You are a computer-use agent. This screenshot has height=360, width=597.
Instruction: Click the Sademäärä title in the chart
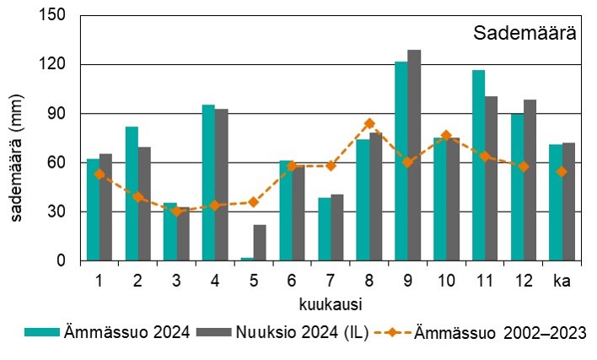(x=524, y=34)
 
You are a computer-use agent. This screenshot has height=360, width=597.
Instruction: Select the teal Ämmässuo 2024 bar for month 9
(x=401, y=161)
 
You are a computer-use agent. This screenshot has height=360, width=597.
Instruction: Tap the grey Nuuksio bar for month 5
(x=260, y=243)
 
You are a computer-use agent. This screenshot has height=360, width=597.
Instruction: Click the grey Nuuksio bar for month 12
(x=530, y=180)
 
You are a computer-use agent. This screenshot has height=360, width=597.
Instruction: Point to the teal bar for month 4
(x=208, y=183)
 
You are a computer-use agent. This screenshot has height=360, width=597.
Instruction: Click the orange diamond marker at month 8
(x=368, y=123)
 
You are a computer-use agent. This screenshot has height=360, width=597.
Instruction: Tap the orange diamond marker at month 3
(x=176, y=211)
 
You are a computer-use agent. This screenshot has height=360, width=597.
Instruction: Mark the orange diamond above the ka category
(x=562, y=172)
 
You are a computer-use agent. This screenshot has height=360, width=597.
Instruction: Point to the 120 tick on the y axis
(x=55, y=65)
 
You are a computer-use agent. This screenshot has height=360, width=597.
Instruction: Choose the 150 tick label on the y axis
(x=55, y=16)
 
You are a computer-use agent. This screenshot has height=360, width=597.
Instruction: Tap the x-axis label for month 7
(x=330, y=281)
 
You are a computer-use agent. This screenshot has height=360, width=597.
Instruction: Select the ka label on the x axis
(x=562, y=281)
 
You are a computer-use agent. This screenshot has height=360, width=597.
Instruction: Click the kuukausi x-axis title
(x=330, y=301)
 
